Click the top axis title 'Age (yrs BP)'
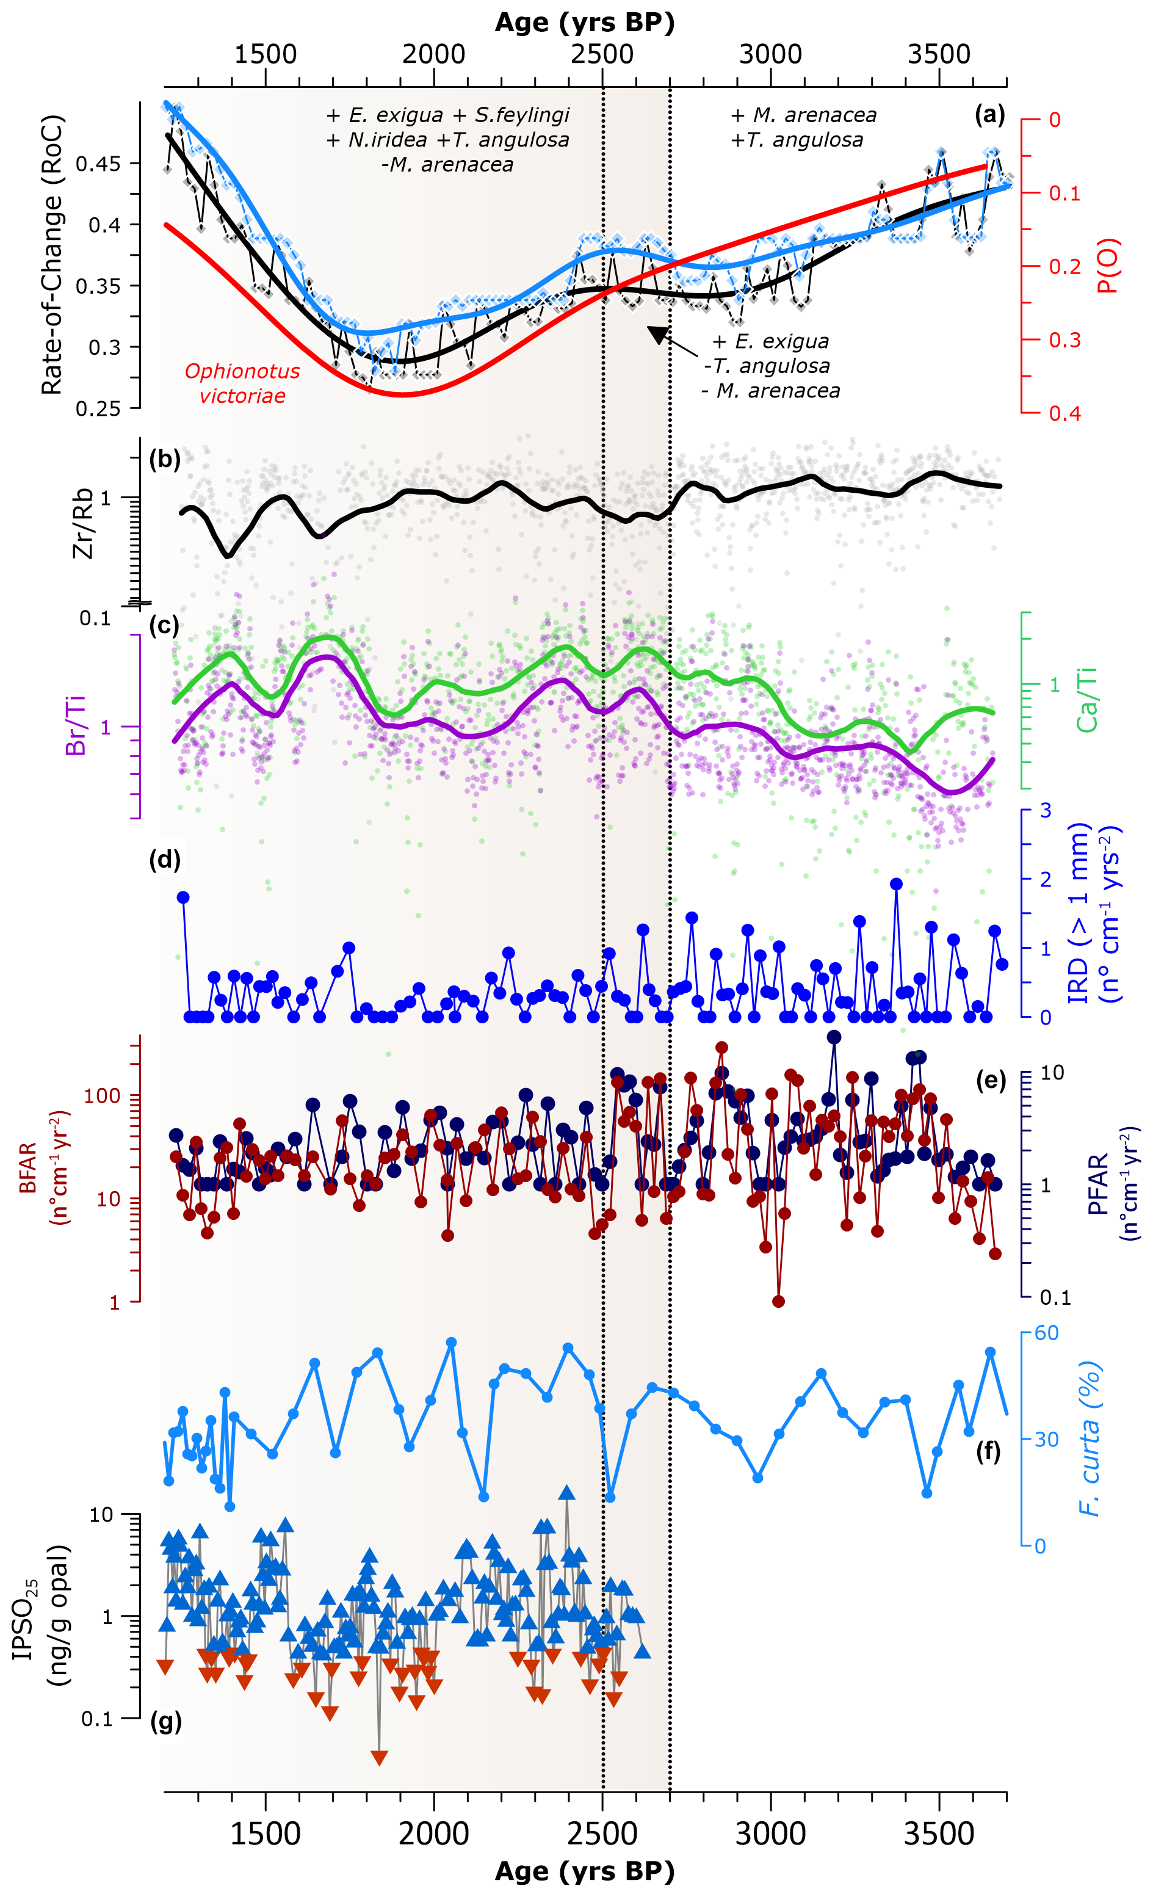(584, 23)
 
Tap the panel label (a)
(989, 115)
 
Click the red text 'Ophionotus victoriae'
(242, 383)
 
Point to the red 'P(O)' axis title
(1108, 266)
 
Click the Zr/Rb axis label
(82, 523)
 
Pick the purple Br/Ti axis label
(76, 725)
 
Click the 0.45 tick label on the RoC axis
(98, 164)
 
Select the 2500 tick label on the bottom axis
(602, 1834)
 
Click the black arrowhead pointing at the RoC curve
(657, 333)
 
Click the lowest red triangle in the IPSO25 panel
(378, 1758)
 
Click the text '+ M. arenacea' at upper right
(803, 115)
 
